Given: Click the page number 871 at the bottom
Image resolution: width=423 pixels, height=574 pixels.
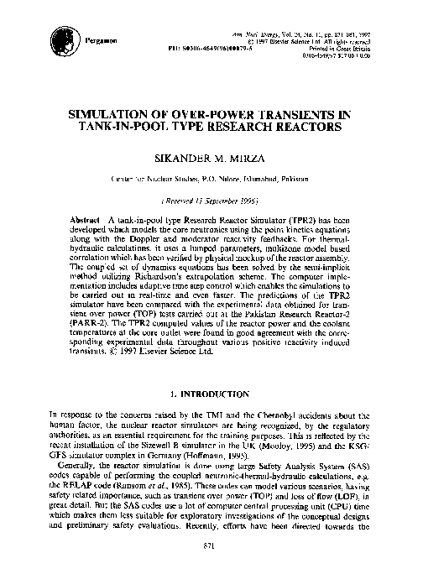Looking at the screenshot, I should tap(211, 546).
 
